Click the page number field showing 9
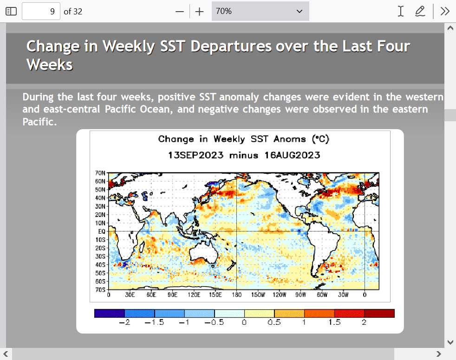tap(41, 11)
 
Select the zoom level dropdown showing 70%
tap(261, 11)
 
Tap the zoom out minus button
tap(180, 12)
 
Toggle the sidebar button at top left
tap(11, 11)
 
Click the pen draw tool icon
tap(420, 11)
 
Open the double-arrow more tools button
tap(445, 11)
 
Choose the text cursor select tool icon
tap(401, 11)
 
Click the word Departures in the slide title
tap(231, 46)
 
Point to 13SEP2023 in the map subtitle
tap(195, 155)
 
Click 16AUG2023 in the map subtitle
tap(292, 155)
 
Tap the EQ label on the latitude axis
tap(102, 231)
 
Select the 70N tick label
tap(100, 173)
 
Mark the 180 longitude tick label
tap(236, 295)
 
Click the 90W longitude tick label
tap(301, 295)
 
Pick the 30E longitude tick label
tap(130, 295)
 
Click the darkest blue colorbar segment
tap(109, 313)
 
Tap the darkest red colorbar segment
tap(379, 313)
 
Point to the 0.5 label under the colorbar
tap(274, 322)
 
